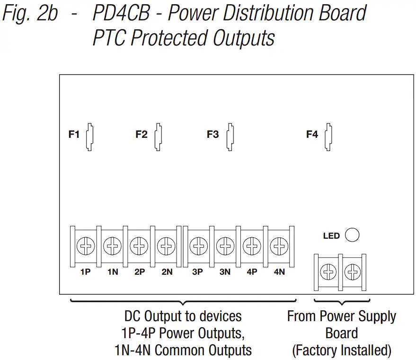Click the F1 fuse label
74,134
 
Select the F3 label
213,134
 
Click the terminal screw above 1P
86,246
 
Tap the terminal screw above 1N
113,246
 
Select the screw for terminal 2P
139,246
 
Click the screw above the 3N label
225,246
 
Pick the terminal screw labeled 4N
279,246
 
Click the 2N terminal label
167,272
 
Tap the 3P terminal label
198,272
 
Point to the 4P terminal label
252,272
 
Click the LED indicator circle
352,235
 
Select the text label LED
331,235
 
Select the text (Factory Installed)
342,351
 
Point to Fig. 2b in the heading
30,13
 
